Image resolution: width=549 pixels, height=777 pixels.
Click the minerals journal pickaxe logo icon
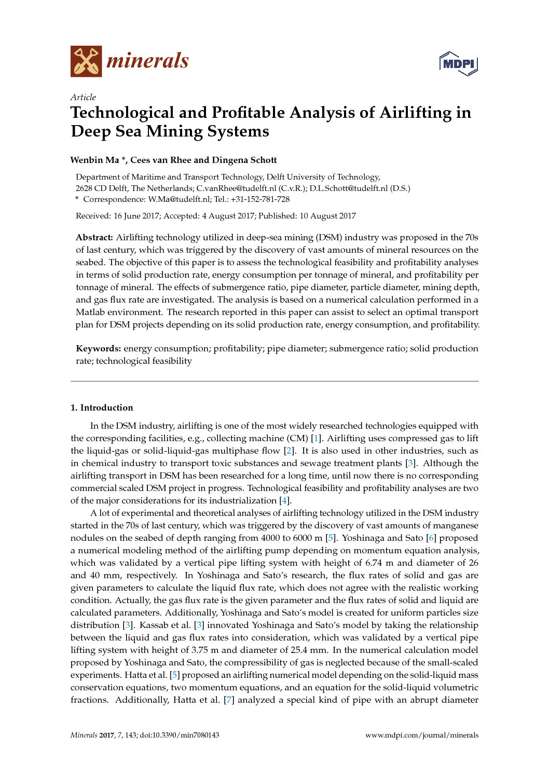(x=86, y=61)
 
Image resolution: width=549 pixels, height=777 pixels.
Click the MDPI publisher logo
(x=458, y=64)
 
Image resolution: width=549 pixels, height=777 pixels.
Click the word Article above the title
(x=83, y=97)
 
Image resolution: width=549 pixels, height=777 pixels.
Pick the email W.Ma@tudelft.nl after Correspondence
(x=179, y=199)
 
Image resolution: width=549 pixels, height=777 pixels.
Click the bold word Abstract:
(x=94, y=238)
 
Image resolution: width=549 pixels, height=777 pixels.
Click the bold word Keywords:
(x=99, y=349)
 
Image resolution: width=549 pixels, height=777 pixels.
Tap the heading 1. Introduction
(x=102, y=408)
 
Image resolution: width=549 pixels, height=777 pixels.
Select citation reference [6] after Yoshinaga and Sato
(x=431, y=538)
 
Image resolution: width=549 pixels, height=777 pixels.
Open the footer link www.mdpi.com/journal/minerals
(x=421, y=735)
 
